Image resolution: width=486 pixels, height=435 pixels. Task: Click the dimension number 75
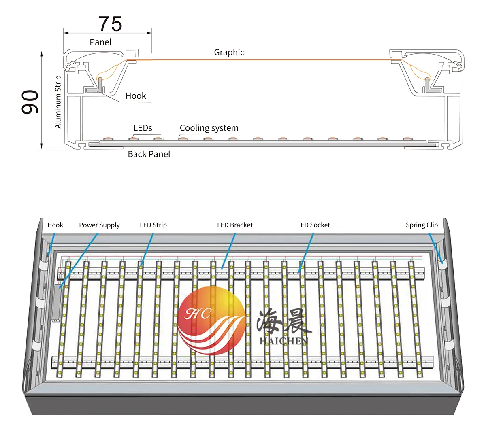point(110,24)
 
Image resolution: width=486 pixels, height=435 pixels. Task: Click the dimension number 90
point(30,102)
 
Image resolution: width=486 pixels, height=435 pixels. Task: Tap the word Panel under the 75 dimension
point(100,42)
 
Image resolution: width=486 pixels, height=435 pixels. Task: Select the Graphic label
point(229,52)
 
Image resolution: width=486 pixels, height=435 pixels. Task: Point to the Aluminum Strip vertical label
point(58,102)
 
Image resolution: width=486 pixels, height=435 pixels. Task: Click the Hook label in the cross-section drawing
point(136,95)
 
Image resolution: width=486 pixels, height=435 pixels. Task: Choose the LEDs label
point(143,128)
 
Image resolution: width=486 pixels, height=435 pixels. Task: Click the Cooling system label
point(209,128)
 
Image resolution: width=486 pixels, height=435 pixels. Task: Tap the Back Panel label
point(149,154)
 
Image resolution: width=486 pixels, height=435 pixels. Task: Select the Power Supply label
point(99,225)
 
